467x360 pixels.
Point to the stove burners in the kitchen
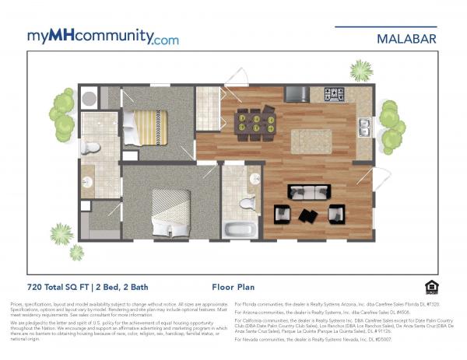pyautogui.click(x=334, y=94)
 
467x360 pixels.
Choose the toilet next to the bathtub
pyautogui.click(x=248, y=203)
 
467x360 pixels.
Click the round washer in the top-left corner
pyautogui.click(x=89, y=98)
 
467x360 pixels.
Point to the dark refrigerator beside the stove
pyautogui.click(x=296, y=94)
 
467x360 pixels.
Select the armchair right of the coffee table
pyautogui.click(x=336, y=212)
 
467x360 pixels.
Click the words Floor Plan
pyautogui.click(x=235, y=286)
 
